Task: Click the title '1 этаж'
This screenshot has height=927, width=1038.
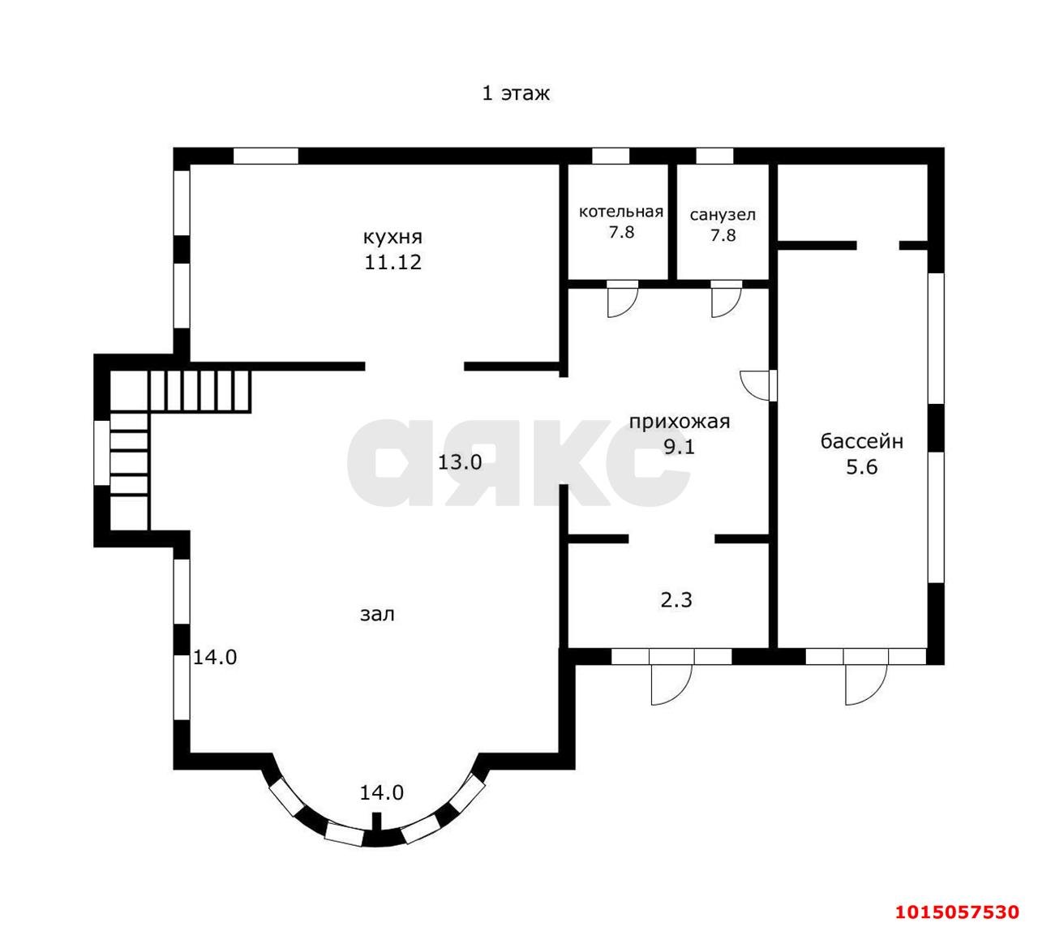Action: click(516, 93)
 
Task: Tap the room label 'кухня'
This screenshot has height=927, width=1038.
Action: click(392, 238)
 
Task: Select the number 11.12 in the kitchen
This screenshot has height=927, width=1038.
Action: click(392, 262)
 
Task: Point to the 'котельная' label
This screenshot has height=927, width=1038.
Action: click(621, 211)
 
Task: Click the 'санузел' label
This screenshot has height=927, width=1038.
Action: click(723, 215)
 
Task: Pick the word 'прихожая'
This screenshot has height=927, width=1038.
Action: click(680, 423)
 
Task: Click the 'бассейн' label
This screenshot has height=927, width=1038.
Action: click(862, 441)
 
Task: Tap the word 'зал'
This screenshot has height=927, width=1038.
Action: click(377, 615)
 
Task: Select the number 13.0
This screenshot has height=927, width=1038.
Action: click(460, 463)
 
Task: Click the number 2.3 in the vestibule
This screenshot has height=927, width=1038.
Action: click(676, 599)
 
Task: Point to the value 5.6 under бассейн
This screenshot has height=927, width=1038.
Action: click(862, 467)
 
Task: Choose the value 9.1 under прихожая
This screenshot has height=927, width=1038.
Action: click(680, 448)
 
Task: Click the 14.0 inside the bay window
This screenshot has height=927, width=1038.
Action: click(382, 792)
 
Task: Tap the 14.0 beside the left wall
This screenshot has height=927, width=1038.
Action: click(215, 658)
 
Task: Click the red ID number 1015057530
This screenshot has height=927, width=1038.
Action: click(957, 912)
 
